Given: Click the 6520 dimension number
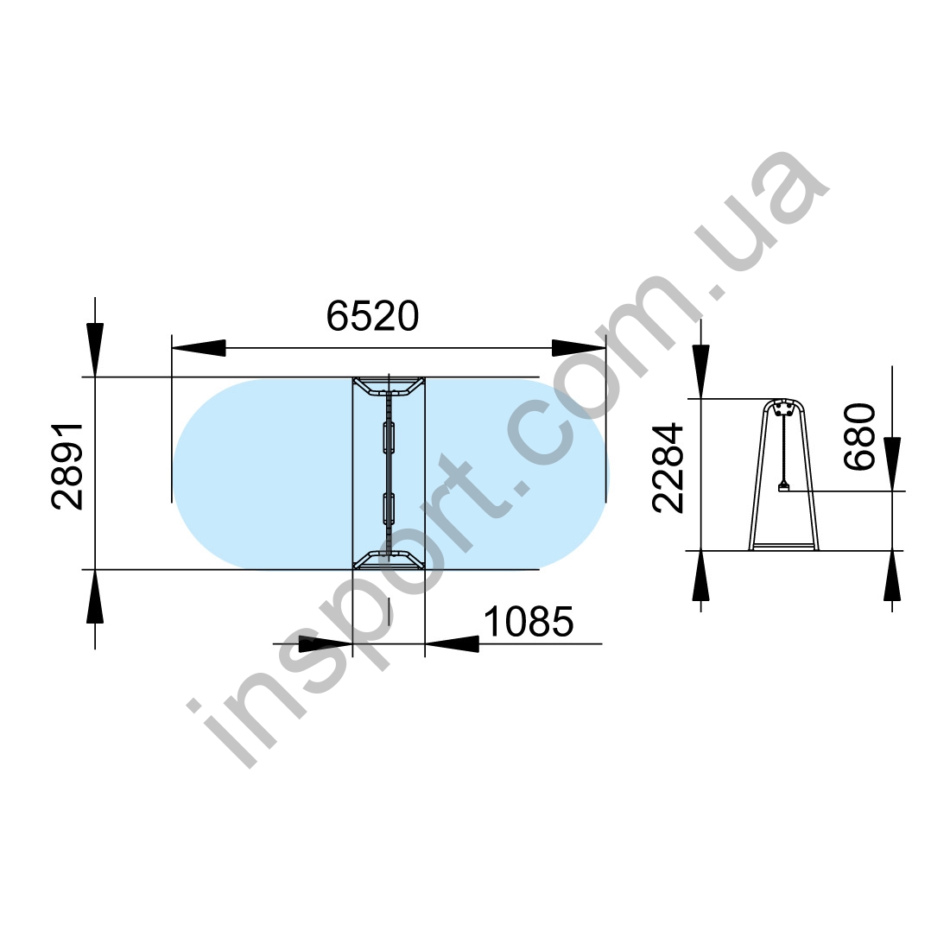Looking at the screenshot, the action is click(x=372, y=316).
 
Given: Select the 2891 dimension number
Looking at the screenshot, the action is click(x=67, y=466).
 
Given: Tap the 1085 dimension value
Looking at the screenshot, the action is click(x=529, y=622).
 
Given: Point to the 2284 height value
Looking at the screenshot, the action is click(x=668, y=468).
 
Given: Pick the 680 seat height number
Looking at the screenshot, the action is click(x=859, y=436).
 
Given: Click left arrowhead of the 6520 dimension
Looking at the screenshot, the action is click(x=199, y=348).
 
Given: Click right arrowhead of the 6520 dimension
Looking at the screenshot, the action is click(x=579, y=348).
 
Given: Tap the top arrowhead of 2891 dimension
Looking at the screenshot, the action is click(x=95, y=350).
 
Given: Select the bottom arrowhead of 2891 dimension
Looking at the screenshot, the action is click(x=95, y=596).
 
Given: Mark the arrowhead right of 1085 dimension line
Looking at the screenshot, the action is click(x=452, y=643).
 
